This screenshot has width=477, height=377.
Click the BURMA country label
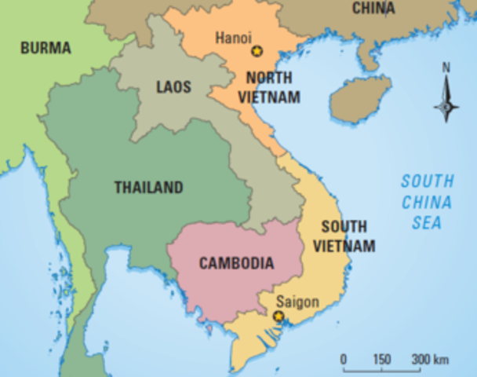[45, 49]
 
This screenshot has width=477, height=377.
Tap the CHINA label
[373, 8]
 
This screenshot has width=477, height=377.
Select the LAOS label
[173, 86]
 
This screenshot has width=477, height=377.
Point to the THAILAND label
[148, 188]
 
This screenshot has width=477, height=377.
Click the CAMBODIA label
[236, 263]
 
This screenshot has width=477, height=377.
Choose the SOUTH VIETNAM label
[344, 236]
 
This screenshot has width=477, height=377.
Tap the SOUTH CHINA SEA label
[427, 202]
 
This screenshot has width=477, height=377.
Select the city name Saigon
[293, 301]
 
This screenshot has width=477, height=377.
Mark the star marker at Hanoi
[256, 51]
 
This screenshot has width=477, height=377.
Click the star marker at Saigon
[278, 316]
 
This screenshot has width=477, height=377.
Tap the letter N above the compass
[446, 68]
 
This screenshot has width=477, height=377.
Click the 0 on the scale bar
[344, 359]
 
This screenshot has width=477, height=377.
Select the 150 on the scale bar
[381, 359]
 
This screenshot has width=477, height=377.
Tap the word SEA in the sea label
[427, 223]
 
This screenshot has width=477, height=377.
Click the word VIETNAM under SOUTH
[344, 246]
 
